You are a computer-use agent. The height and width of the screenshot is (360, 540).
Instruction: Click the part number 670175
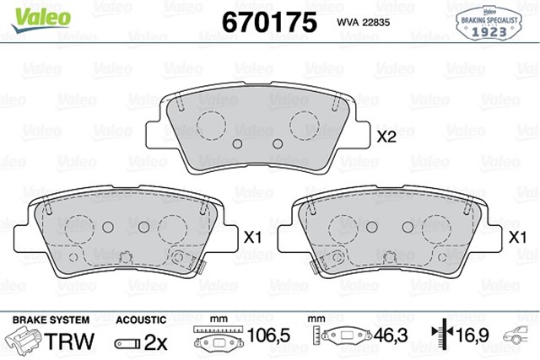point(269,22)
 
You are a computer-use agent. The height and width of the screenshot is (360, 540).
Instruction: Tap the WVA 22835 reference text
point(364,23)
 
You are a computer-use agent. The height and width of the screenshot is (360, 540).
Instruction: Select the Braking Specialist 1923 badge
point(489,24)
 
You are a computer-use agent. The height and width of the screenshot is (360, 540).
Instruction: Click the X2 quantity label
point(386,137)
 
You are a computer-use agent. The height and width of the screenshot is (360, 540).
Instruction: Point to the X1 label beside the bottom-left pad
point(252,237)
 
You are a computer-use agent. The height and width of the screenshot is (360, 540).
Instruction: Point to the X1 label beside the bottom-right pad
point(517,237)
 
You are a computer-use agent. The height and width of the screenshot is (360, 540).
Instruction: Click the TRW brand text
point(69,341)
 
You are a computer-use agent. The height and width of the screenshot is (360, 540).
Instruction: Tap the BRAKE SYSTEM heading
point(51,320)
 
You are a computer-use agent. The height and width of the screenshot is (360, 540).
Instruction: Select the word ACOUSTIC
point(141,320)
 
